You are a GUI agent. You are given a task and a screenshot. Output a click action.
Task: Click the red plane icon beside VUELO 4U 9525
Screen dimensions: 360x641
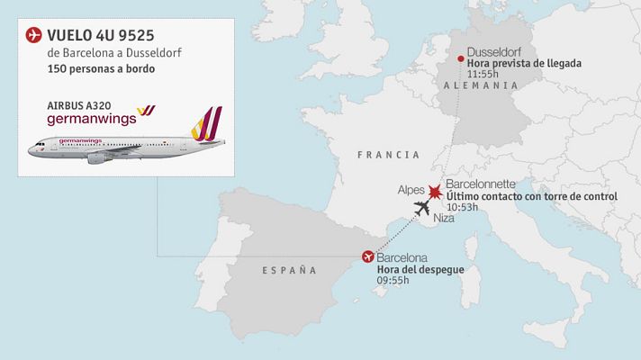[34, 35]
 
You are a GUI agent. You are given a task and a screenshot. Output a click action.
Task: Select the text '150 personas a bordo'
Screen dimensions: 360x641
[100, 69]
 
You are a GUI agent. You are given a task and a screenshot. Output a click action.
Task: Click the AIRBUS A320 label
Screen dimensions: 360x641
[78, 104]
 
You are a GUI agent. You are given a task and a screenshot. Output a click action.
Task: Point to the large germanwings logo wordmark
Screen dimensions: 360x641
[89, 118]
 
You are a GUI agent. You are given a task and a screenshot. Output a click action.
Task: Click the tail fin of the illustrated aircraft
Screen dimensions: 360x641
[208, 124]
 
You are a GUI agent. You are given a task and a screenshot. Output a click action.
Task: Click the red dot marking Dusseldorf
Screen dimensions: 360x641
[461, 60]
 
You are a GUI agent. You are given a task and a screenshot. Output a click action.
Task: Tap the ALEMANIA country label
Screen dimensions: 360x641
[481, 85]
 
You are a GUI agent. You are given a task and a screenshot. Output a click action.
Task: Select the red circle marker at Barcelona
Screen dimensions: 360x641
[367, 256]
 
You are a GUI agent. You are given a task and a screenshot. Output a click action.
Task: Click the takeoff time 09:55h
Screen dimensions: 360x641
[393, 281]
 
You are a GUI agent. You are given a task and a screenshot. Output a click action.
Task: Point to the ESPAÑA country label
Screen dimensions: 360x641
[290, 270]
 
